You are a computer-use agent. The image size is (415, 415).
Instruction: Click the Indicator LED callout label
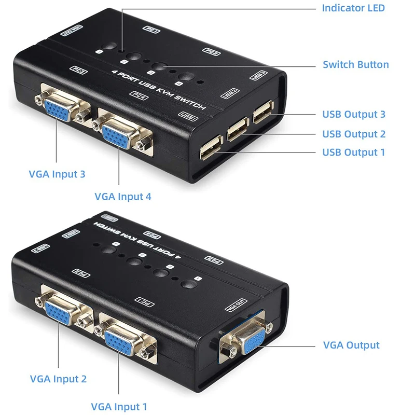pos(353,8)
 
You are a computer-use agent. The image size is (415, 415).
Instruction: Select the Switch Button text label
pos(355,65)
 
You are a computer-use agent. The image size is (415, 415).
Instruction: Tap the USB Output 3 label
pos(354,115)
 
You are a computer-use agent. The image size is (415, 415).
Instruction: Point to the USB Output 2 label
pos(354,134)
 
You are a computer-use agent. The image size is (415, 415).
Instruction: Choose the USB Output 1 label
pos(354,152)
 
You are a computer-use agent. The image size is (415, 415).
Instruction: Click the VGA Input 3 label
pos(57,174)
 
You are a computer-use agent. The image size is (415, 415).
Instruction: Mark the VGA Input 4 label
pos(122,197)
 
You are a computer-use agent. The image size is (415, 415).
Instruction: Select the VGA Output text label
pos(351,345)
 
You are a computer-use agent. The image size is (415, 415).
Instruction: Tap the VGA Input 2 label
pos(58,379)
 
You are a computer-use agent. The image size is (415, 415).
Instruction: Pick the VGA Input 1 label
pos(119,407)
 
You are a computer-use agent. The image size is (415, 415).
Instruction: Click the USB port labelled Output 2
pos(237,130)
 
